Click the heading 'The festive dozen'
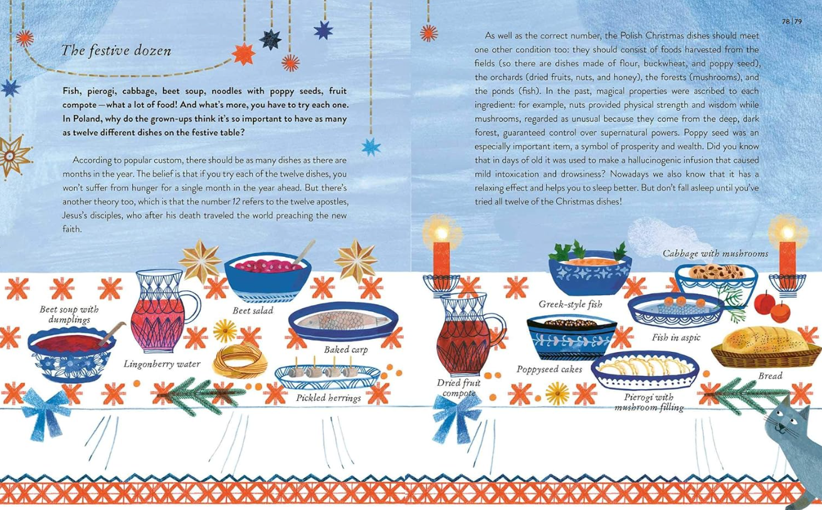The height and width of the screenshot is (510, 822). click(x=116, y=51)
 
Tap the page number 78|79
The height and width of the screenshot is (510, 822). click(x=791, y=21)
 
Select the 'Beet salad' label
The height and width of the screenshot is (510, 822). click(x=253, y=310)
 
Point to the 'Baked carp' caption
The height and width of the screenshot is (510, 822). click(x=345, y=350)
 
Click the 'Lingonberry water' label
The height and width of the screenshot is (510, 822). click(x=162, y=363)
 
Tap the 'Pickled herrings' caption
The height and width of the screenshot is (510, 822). click(x=329, y=398)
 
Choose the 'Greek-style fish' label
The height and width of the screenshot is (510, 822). click(x=570, y=304)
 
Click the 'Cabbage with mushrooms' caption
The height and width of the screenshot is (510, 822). click(x=715, y=254)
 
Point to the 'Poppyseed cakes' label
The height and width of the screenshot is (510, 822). click(x=549, y=369)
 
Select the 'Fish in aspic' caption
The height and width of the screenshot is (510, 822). click(x=676, y=337)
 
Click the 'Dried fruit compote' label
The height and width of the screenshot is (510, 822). click(x=458, y=388)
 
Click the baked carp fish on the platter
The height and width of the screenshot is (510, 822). click(x=344, y=321)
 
